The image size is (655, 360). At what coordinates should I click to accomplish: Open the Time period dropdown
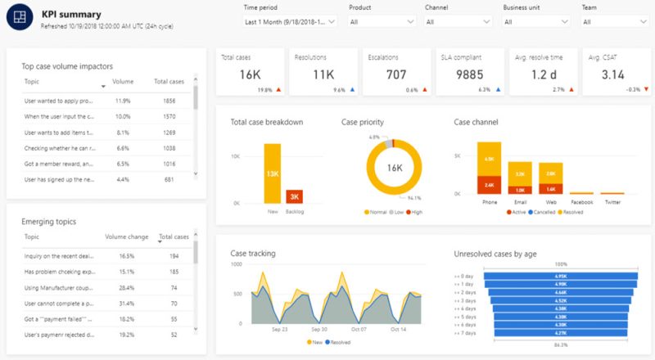tap(290, 22)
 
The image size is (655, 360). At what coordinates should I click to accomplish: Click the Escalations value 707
tap(396, 75)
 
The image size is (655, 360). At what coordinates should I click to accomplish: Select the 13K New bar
tap(272, 173)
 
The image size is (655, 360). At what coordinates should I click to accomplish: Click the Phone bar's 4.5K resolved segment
tap(489, 160)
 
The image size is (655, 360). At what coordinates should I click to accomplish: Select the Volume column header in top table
tap(122, 82)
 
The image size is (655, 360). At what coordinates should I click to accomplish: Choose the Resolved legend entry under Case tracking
tap(338, 341)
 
